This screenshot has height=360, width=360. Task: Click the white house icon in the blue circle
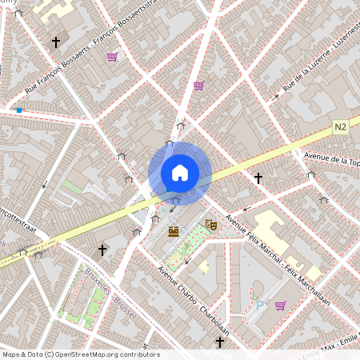[x=180, y=172]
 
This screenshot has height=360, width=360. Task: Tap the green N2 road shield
[x=342, y=127]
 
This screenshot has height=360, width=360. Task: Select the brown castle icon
[x=174, y=231]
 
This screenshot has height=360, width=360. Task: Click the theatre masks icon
[x=211, y=225]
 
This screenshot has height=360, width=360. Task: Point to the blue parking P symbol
[x=259, y=304]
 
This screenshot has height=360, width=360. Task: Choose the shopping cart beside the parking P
[x=280, y=305]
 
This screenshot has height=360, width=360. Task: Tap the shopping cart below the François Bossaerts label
[x=112, y=57]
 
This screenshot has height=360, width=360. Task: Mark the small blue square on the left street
[x=19, y=110]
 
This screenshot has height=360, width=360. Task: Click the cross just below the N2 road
[x=258, y=178]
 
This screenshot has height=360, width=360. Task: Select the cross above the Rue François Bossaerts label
[x=56, y=42]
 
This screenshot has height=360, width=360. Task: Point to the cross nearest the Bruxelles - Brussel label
[x=102, y=250]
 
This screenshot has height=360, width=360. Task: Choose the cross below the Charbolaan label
[x=220, y=342]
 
